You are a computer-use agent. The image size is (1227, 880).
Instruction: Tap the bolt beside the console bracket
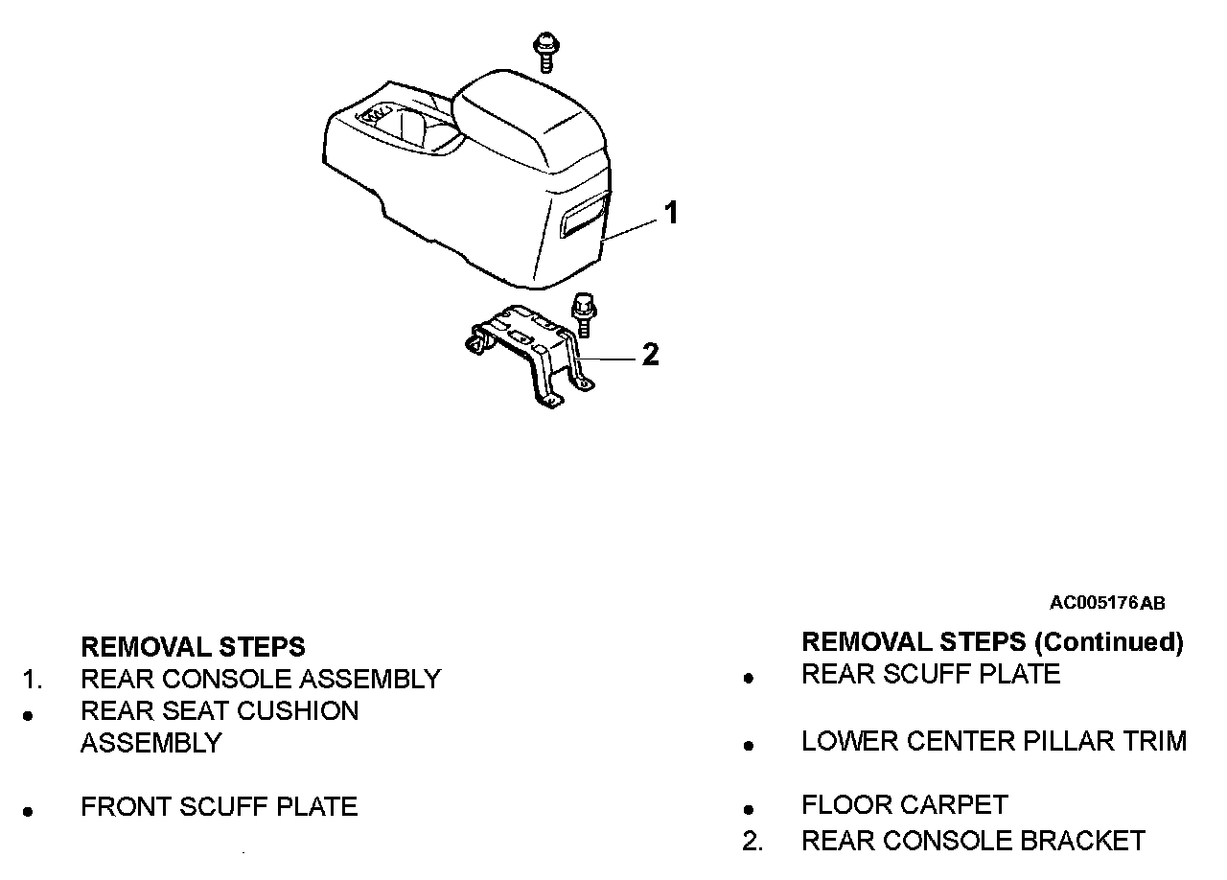pyautogui.click(x=581, y=314)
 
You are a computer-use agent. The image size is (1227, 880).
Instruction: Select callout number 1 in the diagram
pyautogui.click(x=671, y=212)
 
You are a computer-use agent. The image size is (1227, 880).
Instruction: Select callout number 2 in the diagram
pyautogui.click(x=651, y=355)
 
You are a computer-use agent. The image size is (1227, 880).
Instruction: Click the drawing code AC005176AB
pyautogui.click(x=1107, y=603)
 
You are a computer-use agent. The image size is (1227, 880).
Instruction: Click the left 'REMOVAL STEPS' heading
pyautogui.click(x=193, y=646)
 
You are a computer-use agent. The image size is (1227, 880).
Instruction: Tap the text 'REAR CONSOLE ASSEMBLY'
pyautogui.click(x=261, y=679)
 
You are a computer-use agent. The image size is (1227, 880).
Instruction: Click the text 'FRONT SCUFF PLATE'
pyautogui.click(x=219, y=807)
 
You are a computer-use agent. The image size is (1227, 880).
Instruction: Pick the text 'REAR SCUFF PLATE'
pyautogui.click(x=931, y=674)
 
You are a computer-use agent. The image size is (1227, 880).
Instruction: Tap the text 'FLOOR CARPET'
pyautogui.click(x=905, y=805)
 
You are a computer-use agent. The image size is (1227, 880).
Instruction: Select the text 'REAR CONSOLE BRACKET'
pyautogui.click(x=973, y=841)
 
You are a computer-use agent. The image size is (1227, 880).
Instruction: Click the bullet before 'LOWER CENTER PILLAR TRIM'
pyautogui.click(x=750, y=745)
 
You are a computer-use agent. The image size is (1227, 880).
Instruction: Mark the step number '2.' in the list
pyautogui.click(x=752, y=842)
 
